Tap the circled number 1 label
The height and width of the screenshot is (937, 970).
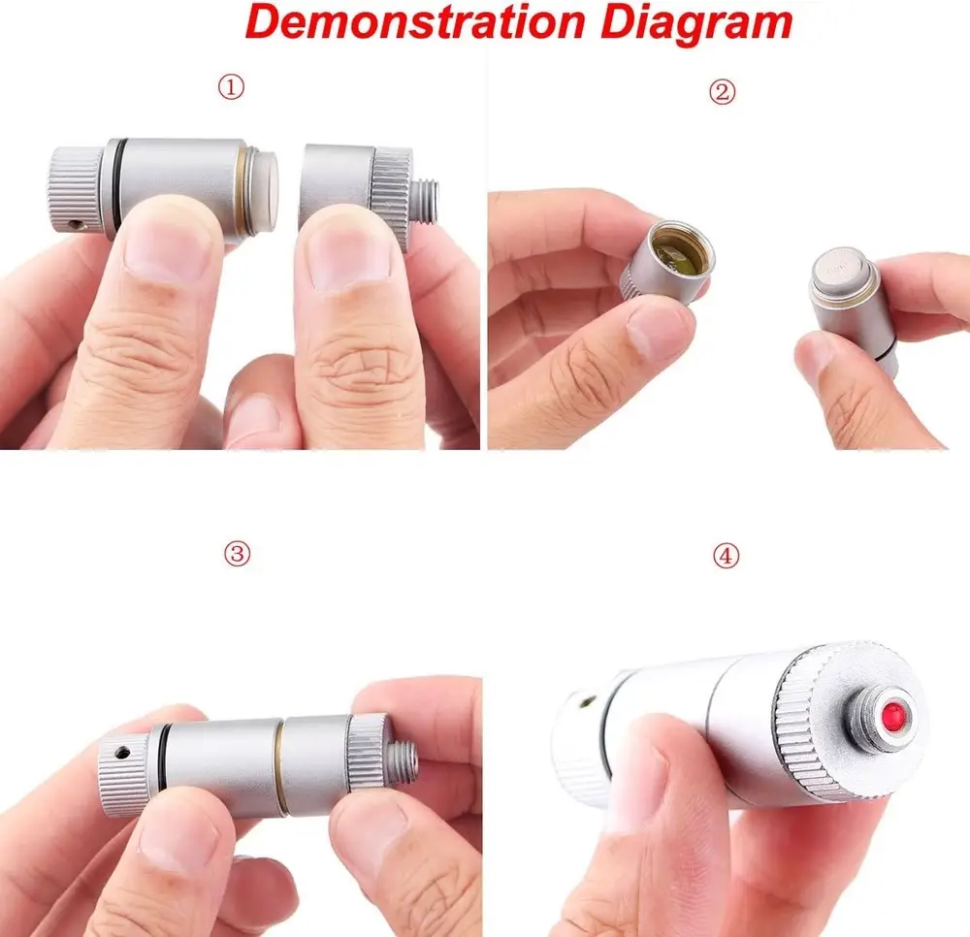pos(231,87)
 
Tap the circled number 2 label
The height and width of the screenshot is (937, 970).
pos(722,92)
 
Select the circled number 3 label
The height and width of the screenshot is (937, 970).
pos(237,554)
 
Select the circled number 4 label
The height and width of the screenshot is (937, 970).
pos(726,556)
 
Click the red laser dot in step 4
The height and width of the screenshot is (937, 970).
pos(893,713)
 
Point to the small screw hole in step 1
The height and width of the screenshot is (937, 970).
pos(78,224)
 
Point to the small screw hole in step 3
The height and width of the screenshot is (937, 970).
pos(123,753)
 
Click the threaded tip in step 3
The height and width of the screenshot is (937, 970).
pos(404,763)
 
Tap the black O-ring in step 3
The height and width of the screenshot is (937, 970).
pos(163,756)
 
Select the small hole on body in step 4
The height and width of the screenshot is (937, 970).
pos(589,701)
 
